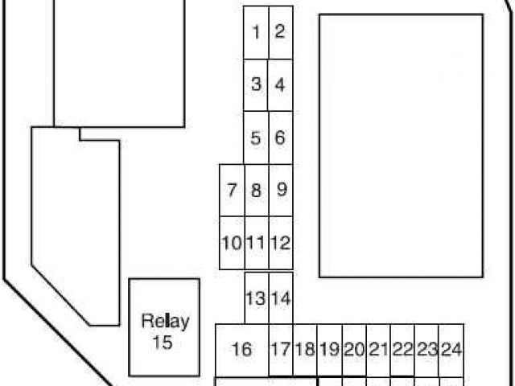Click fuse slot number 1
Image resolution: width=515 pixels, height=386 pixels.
point(256,33)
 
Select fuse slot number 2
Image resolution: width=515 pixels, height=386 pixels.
point(280,33)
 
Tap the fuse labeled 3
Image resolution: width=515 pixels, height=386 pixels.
point(256,84)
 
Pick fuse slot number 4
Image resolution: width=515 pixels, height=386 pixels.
point(280,84)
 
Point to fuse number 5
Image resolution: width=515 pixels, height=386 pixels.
point(256,138)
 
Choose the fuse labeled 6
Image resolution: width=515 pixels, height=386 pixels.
point(280,138)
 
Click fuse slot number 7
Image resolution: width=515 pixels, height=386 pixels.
point(232,191)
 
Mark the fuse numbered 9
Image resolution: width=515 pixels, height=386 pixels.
point(281,191)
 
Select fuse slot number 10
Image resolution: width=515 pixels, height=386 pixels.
point(232,242)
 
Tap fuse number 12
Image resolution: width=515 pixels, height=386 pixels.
point(281,242)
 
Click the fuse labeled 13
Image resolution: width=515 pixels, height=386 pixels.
point(256,298)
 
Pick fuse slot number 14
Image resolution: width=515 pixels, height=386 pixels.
point(281,298)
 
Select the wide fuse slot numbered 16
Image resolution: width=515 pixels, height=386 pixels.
point(241,350)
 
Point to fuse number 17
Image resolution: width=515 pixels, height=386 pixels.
point(280,350)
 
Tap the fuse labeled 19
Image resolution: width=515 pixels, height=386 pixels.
point(329,350)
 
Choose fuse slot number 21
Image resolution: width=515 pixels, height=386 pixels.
point(378,350)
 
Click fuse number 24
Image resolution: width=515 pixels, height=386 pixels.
point(451,350)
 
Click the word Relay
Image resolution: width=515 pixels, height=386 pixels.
point(165,322)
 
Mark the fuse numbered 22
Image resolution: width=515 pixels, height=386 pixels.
point(402,350)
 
